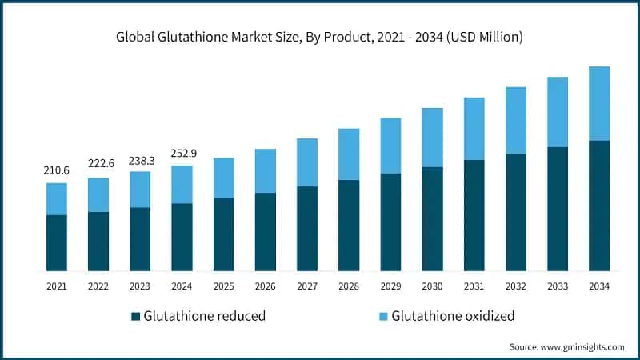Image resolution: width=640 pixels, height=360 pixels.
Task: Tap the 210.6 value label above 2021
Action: (56, 170)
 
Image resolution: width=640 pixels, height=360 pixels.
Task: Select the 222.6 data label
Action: (98, 163)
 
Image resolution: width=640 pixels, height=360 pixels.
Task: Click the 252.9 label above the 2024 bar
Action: (182, 153)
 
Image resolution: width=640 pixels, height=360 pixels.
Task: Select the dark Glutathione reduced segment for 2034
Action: (598, 206)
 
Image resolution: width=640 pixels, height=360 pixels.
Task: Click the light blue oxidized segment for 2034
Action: (598, 103)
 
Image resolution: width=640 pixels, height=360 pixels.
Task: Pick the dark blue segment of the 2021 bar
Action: (56, 242)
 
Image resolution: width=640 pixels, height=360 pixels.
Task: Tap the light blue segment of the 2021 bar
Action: (56, 198)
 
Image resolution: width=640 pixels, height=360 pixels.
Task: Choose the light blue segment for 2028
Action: (349, 154)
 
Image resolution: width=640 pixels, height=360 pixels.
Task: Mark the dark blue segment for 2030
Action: (432, 218)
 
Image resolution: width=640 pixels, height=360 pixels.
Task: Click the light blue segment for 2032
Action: (515, 120)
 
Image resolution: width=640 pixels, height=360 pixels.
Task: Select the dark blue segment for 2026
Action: (265, 231)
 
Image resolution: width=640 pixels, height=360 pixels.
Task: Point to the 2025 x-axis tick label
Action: (223, 286)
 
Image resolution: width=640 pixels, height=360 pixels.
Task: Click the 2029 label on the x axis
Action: (390, 286)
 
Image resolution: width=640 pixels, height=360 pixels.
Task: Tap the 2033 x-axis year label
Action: (557, 286)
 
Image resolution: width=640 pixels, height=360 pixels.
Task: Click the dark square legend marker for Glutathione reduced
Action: (135, 316)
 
